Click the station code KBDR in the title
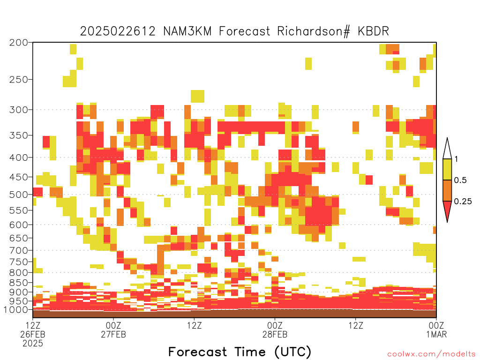pos(373,31)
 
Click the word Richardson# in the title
pos(314,31)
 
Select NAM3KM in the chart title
pos(187,31)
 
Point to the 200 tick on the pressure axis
pos(19,42)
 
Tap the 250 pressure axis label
pos(19,80)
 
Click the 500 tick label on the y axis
pos(19,195)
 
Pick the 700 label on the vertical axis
pos(19,250)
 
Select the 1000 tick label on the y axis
pos(16,309)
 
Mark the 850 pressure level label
pos(19,283)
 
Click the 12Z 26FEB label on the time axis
pos(33,334)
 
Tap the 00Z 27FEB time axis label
pos(113,330)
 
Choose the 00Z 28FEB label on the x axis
pos(275,330)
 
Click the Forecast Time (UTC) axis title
pos(240,352)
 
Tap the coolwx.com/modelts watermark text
pos(431,354)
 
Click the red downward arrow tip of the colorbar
pos(447,222)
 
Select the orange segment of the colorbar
pos(447,190)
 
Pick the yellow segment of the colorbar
pos(447,169)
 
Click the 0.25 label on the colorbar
pos(463,201)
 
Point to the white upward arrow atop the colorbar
pos(447,149)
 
